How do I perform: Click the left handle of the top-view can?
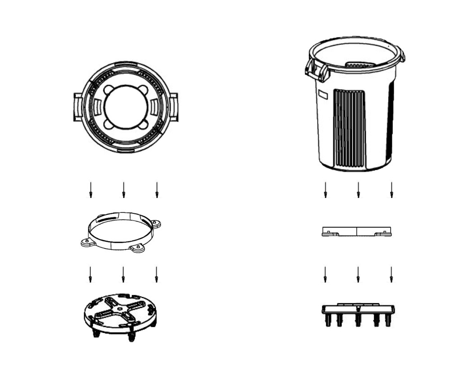point(78,107)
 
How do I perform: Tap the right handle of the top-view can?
point(174,107)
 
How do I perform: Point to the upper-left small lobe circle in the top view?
point(109,90)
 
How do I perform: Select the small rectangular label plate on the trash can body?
point(322,95)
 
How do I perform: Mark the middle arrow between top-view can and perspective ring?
point(124,190)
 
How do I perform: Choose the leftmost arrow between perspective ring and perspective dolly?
point(90,274)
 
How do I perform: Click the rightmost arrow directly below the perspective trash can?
point(391,190)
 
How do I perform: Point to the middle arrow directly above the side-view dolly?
point(358,274)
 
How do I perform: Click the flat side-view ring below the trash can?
point(357,232)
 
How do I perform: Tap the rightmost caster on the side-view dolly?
point(387,320)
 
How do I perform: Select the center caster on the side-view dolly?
point(358,320)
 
